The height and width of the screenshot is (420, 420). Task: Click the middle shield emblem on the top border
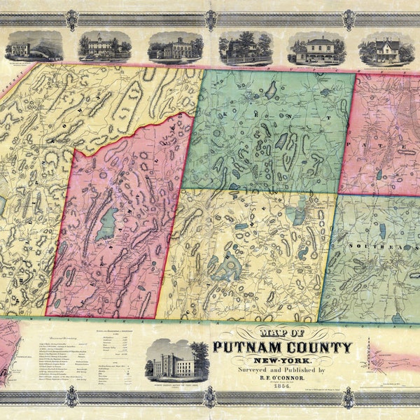pos(210,20)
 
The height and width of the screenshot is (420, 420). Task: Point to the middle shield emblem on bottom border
pos(210,398)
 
